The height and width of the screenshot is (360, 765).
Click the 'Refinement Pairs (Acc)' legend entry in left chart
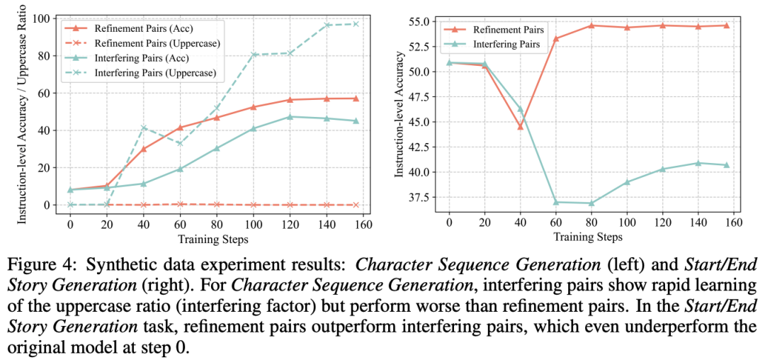pyautogui.click(x=146, y=28)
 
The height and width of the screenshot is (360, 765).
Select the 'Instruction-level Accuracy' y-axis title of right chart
pyautogui.click(x=398, y=117)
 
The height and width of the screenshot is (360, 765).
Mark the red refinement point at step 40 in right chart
pyautogui.click(x=520, y=127)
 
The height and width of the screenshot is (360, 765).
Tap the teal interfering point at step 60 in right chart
pyautogui.click(x=555, y=202)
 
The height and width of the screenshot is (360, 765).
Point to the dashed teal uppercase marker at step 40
pyautogui.click(x=144, y=128)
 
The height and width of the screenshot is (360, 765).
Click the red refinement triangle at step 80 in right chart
pyautogui.click(x=591, y=26)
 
